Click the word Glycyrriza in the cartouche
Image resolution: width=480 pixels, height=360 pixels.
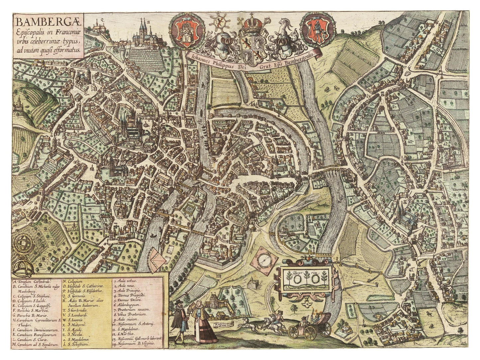291,273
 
